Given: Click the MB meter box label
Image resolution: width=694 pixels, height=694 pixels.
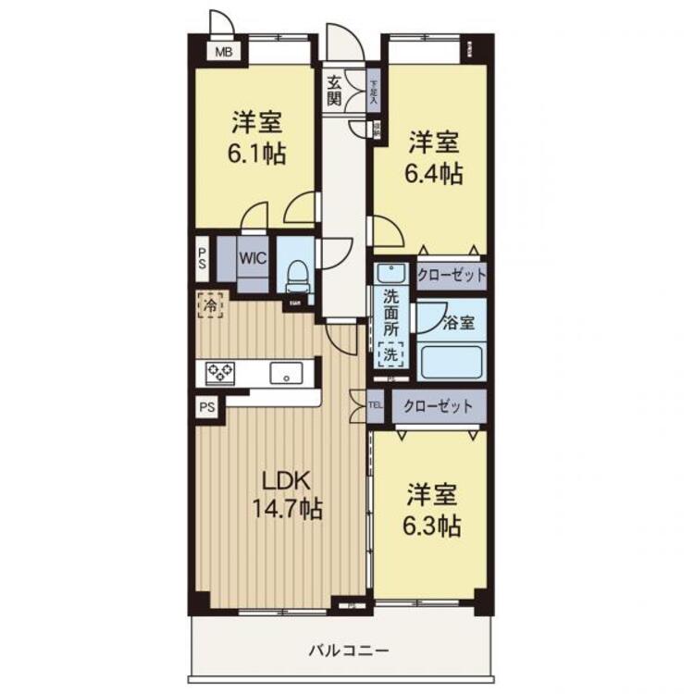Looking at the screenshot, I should [224, 52].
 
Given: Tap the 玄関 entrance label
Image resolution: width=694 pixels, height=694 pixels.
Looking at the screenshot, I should [334, 90].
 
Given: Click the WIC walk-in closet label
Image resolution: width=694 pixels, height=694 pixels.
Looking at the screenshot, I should [254, 258].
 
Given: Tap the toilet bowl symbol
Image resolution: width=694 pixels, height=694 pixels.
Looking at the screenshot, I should [296, 274].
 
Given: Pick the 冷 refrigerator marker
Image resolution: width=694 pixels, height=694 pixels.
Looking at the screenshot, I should [210, 304].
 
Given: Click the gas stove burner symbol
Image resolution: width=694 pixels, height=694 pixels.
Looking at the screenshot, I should [220, 372].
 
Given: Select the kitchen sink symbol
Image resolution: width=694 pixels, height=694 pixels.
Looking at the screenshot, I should [286, 374].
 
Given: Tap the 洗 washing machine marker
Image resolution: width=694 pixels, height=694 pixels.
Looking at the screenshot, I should [390, 353].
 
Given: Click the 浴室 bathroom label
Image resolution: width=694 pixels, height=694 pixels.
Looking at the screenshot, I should [459, 324].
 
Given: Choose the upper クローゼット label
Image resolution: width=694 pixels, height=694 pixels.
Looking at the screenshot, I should [451, 275].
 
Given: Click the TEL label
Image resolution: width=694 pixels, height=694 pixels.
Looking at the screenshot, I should [376, 405].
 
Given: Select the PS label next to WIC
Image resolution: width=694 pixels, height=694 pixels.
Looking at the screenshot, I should [202, 254].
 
